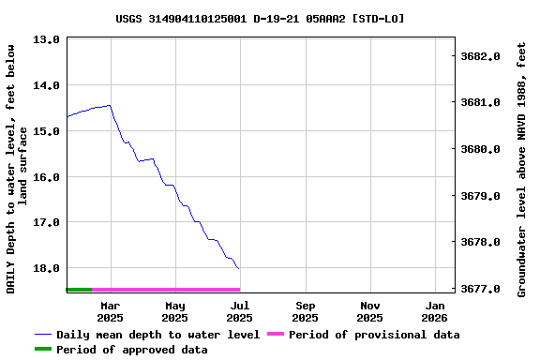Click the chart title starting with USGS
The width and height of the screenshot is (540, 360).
point(261,18)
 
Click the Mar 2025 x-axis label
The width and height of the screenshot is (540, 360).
point(111,311)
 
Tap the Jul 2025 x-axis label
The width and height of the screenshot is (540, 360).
point(240,311)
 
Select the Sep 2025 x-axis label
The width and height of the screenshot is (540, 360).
point(306,311)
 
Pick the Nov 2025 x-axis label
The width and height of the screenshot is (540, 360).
point(370,311)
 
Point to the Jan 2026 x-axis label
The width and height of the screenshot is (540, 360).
point(435,311)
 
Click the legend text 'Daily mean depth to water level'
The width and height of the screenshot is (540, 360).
point(157,335)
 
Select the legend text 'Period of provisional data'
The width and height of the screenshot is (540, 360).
point(374,335)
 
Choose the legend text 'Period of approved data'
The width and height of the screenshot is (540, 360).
point(132,350)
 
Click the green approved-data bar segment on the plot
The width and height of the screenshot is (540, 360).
point(79,290)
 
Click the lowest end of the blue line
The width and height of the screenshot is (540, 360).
point(239,269)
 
